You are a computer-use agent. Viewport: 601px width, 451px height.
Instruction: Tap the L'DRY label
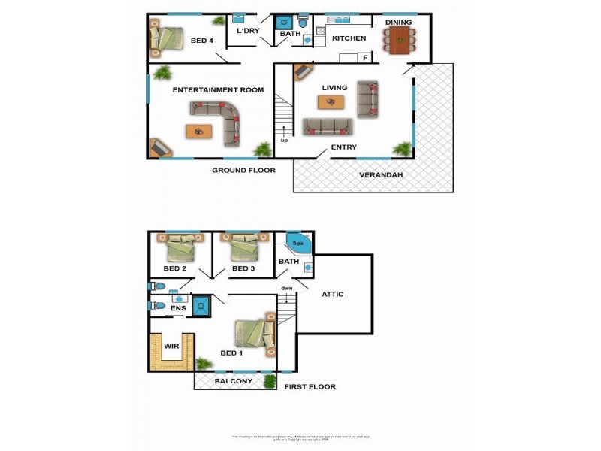248,32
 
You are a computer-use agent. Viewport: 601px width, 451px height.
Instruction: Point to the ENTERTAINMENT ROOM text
218,90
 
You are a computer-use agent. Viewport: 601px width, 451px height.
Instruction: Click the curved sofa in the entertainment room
222,120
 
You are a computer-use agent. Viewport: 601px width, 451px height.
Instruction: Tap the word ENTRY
344,147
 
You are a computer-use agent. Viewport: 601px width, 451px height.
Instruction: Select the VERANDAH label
382,175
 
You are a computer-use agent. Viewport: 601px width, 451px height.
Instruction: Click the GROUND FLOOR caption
243,171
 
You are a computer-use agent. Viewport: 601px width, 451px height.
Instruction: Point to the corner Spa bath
298,243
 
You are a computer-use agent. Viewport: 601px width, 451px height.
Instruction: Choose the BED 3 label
244,268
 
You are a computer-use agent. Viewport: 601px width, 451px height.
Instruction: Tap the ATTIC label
332,294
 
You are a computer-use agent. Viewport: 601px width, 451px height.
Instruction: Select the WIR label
172,347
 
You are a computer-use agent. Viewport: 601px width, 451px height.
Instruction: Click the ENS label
178,308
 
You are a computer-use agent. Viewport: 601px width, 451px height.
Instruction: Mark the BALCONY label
234,381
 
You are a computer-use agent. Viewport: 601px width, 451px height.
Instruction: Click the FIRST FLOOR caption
310,387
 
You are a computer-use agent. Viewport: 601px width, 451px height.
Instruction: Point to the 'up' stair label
284,141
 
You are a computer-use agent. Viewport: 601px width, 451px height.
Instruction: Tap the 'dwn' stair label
286,288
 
